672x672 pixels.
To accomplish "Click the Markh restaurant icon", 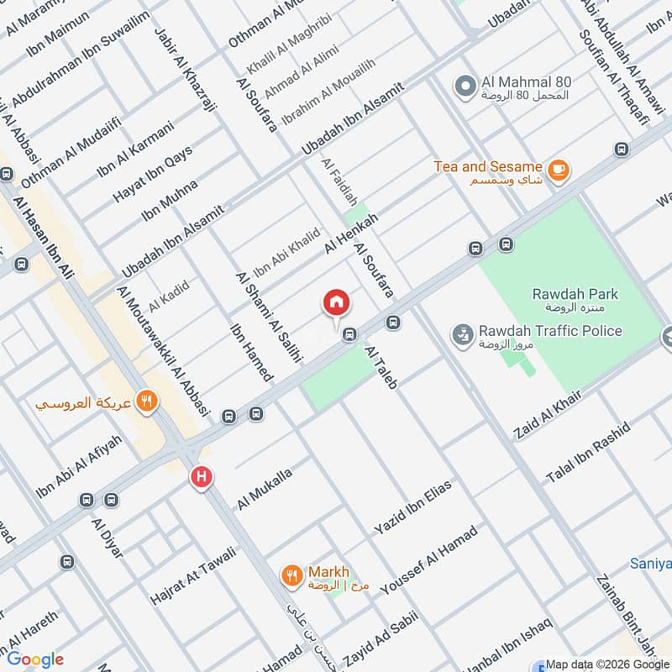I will click(x=291, y=575).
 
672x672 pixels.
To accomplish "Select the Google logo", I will click(x=35, y=659).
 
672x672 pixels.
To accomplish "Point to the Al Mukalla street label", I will click(x=265, y=490).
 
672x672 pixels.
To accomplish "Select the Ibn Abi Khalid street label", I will click(x=287, y=252).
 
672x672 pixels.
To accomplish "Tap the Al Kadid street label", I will click(x=169, y=293).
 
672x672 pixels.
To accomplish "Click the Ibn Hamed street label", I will click(x=249, y=349).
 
